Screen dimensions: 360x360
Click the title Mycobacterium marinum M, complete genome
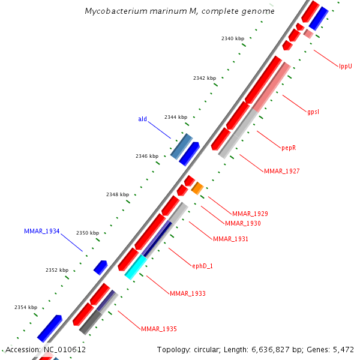[179, 11]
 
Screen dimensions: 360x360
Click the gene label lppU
[345, 66]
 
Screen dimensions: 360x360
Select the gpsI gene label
[313, 112]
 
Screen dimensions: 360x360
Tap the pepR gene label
[289, 148]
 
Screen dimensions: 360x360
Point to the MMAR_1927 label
[281, 171]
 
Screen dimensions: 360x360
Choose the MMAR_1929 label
[250, 214]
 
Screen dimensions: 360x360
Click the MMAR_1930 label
[242, 223]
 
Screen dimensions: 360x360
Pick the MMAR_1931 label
[230, 239]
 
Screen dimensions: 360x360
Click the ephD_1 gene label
[202, 265]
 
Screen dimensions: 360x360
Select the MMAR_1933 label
[187, 293]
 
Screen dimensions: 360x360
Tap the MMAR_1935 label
[158, 329]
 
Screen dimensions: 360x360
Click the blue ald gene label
[142, 119]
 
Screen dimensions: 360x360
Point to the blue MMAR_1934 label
[41, 231]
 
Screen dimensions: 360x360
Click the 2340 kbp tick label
[232, 38]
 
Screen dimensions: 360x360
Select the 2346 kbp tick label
[146, 156]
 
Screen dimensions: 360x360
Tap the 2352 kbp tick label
[57, 270]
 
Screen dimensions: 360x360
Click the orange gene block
[197, 188]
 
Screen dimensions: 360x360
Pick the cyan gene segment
[136, 266]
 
